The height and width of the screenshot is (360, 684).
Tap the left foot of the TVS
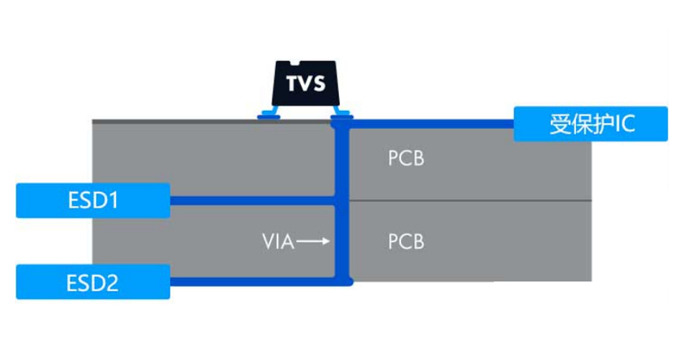pos(269,113)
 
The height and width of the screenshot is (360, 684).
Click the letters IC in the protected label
pos(626,124)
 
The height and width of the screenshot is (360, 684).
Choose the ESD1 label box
pos(93,200)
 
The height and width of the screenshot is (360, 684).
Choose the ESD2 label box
pos(93,282)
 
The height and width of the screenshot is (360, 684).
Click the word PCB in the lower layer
pos(406,242)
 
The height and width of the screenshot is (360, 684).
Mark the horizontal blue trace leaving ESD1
pos(252,200)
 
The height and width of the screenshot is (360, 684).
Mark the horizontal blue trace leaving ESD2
pos(252,281)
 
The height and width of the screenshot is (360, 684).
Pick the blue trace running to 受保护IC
pos(432,124)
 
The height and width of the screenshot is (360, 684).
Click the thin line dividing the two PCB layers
pos(468,200)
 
